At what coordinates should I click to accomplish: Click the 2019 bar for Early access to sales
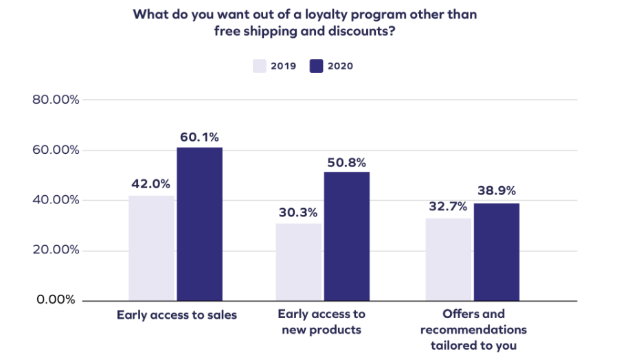151,248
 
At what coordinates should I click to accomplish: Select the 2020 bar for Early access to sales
200,224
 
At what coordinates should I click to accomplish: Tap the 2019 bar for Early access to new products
299,262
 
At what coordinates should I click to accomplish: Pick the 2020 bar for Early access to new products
347,236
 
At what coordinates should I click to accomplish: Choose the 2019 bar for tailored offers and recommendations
448,259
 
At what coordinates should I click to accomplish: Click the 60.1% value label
199,137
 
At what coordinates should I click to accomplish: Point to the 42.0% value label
150,184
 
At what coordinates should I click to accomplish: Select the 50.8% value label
347,161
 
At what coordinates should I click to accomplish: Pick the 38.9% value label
496,191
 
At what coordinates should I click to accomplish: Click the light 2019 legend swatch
260,66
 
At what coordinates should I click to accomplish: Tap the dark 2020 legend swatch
316,66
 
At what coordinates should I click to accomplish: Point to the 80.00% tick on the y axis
56,100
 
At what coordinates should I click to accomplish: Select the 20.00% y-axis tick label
56,250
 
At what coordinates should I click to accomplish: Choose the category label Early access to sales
177,315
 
